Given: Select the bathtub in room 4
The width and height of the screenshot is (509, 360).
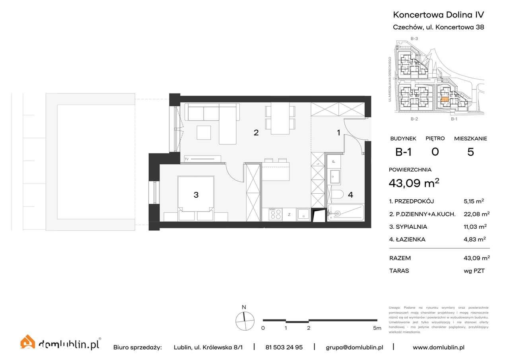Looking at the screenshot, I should [x=345, y=213].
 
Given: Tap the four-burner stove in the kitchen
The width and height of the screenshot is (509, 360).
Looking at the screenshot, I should [x=275, y=214].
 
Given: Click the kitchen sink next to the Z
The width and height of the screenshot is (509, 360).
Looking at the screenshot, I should [x=303, y=214].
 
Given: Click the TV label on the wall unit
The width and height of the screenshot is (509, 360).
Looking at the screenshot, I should [x=187, y=159].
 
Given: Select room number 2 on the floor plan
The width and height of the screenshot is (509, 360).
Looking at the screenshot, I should [x=256, y=133].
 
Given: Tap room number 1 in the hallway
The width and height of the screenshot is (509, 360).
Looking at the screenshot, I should [x=338, y=133].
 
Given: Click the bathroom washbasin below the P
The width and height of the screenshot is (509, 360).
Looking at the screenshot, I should [x=334, y=177].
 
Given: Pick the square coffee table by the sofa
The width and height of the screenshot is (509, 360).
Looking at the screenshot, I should [x=204, y=132].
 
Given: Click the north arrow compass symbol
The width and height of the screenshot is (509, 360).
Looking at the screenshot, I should [x=245, y=321].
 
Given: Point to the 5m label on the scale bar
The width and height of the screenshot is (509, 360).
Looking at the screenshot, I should [x=377, y=328].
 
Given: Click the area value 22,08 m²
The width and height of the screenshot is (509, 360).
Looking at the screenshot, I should [x=476, y=214].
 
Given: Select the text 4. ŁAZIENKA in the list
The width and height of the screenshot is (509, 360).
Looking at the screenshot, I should [x=408, y=239].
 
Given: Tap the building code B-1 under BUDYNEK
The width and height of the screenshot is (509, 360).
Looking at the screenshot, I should [x=403, y=152].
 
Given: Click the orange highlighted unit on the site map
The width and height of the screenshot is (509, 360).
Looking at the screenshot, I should [x=445, y=100].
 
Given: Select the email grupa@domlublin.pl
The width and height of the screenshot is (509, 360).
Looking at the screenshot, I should [x=354, y=347].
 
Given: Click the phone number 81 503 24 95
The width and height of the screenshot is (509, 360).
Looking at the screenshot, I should [x=284, y=347].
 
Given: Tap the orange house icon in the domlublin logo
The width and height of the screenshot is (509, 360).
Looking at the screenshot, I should [x=28, y=343].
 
